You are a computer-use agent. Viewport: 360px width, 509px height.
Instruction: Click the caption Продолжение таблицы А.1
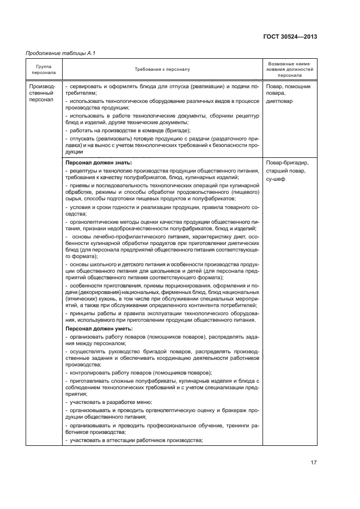point(57,53)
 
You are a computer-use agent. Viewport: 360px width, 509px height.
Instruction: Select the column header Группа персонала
point(44,69)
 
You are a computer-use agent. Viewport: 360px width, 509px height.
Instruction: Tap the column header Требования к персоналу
point(163,69)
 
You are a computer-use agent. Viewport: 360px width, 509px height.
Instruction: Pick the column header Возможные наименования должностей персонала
point(290,69)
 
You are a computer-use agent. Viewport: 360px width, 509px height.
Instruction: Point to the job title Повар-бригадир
point(288,163)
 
